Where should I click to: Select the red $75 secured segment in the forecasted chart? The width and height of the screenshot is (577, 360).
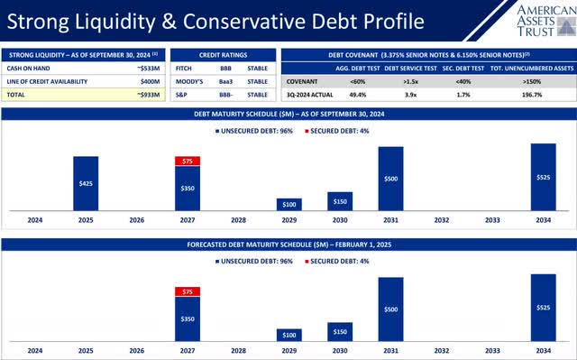[x=188, y=291]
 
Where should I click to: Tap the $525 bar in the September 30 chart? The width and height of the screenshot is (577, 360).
[x=543, y=177]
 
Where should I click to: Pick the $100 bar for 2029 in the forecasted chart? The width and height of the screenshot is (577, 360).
[x=289, y=335]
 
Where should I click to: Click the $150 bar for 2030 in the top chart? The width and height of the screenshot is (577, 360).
[x=340, y=200]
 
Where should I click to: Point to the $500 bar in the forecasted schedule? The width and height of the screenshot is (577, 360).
[x=390, y=309]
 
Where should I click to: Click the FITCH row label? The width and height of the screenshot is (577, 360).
[x=185, y=68]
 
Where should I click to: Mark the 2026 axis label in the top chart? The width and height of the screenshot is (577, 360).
[x=137, y=219]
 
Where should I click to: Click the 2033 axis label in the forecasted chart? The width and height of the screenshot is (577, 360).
[x=492, y=350]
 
